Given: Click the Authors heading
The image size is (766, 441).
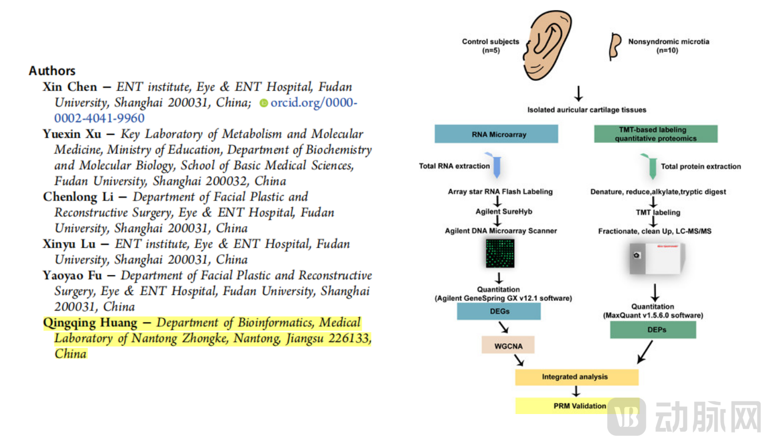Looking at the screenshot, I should (x=52, y=71).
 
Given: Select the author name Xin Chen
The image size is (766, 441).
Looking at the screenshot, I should (x=70, y=87).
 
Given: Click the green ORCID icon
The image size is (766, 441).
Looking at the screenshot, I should (x=264, y=103).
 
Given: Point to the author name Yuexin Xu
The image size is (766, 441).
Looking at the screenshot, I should (x=72, y=134).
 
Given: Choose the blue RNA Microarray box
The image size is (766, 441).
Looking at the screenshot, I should (x=496, y=134).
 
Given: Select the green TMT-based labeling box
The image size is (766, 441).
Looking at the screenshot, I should (x=655, y=134).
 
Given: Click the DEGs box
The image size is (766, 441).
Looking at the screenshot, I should (x=499, y=311).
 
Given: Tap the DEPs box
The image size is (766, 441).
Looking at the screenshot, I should (x=652, y=329).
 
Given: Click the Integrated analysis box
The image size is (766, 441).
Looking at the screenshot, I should (x=577, y=377).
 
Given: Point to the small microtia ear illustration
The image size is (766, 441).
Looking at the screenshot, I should (x=615, y=46).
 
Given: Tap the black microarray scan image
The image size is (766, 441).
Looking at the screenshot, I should (x=499, y=252).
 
